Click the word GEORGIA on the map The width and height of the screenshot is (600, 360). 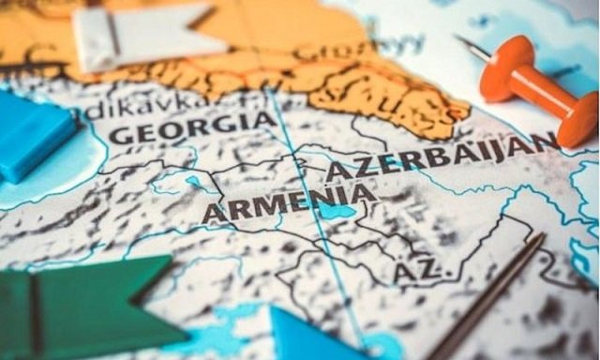tap(191, 127)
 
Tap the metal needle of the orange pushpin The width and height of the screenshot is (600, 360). tap(469, 46)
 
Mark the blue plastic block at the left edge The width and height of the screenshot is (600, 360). tap(33, 136)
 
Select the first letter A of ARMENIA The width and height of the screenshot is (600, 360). tap(214, 214)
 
